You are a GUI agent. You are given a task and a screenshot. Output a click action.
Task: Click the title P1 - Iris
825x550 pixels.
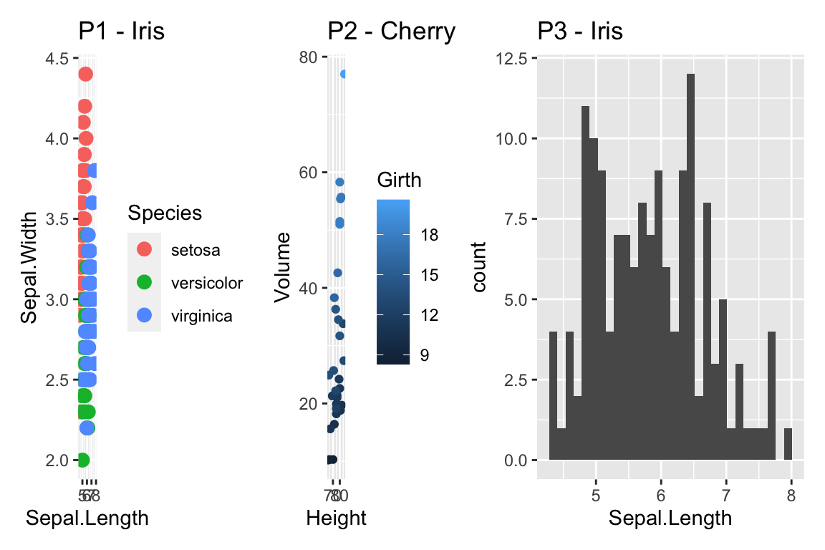coord(122,32)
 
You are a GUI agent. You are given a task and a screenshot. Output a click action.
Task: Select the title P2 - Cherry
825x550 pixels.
coord(391,32)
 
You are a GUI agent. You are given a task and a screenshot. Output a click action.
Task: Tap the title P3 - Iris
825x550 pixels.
coord(580,32)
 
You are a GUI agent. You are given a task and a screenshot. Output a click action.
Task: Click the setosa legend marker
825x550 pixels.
coord(144,250)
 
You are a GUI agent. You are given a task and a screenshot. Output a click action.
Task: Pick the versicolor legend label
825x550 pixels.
coord(207,283)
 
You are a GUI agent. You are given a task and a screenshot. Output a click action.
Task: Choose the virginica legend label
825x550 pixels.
coord(201,316)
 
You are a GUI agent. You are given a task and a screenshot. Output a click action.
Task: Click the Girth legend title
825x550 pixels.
coord(399,180)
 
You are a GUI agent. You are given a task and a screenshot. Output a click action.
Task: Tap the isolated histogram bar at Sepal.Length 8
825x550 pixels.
coord(788,444)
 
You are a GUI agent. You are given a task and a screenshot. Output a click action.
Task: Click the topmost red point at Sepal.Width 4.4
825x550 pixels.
coord(85,74)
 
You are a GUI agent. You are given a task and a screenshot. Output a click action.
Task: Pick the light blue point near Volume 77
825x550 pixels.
coord(344,74)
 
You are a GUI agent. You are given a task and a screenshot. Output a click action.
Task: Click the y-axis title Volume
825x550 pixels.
coord(283,267)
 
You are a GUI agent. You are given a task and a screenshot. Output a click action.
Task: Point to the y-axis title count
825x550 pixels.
coord(478,267)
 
